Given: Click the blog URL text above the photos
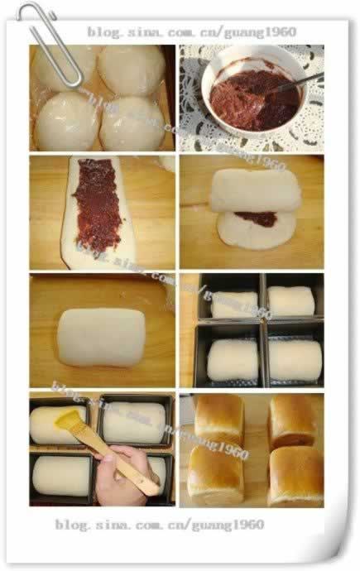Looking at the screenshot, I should tap(191, 31).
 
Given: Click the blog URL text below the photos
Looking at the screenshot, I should tap(160, 525).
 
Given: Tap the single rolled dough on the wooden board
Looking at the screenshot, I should tap(101, 335).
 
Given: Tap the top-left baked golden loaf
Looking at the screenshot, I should tap(218, 418).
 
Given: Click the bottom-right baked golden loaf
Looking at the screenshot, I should tap(295, 476).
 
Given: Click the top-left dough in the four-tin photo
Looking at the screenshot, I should tap(234, 305).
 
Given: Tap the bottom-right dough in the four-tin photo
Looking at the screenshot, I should tap(295, 361).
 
